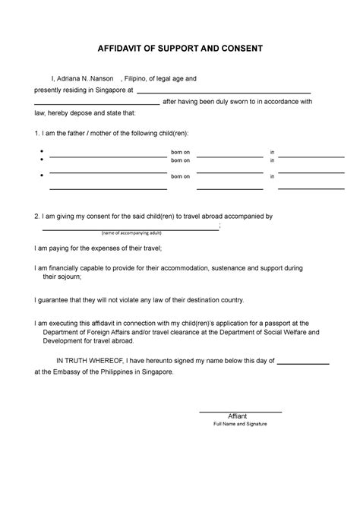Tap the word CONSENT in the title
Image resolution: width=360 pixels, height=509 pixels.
[x=238, y=49]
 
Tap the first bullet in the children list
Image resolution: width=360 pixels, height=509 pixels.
[x=40, y=153]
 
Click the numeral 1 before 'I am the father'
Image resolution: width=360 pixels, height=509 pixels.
[x=36, y=132]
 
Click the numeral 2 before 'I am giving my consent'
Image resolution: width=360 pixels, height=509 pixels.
[x=36, y=216]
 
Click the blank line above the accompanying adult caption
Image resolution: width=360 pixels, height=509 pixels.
[x=129, y=228]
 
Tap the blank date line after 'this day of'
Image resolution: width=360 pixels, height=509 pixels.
[x=302, y=364]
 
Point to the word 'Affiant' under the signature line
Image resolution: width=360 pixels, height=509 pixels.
[x=240, y=416]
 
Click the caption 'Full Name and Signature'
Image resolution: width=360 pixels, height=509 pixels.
[x=240, y=424]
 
